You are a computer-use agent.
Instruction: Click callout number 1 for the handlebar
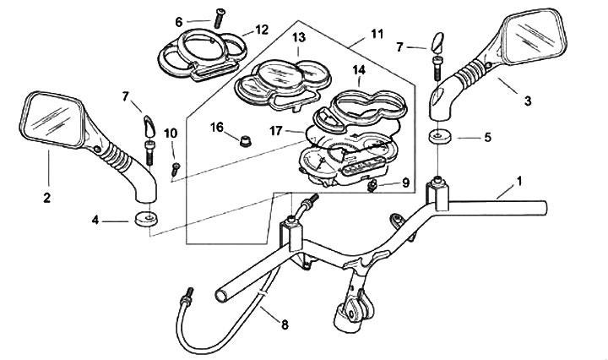point(519,182)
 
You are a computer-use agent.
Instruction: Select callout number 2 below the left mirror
point(46,199)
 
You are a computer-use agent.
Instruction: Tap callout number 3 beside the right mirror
point(528,101)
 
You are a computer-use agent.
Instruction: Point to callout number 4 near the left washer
point(97,221)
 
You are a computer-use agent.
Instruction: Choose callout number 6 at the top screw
point(179,21)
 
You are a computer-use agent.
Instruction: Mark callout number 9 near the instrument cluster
point(405,183)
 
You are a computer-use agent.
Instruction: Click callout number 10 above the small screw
point(171,134)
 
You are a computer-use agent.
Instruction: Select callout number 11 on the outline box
point(376,35)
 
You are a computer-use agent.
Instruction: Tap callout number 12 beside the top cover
point(262,30)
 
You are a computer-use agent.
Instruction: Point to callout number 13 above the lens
point(299,38)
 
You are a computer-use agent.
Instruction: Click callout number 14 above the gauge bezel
point(359,69)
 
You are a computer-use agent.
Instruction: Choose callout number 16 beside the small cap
point(216,127)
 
